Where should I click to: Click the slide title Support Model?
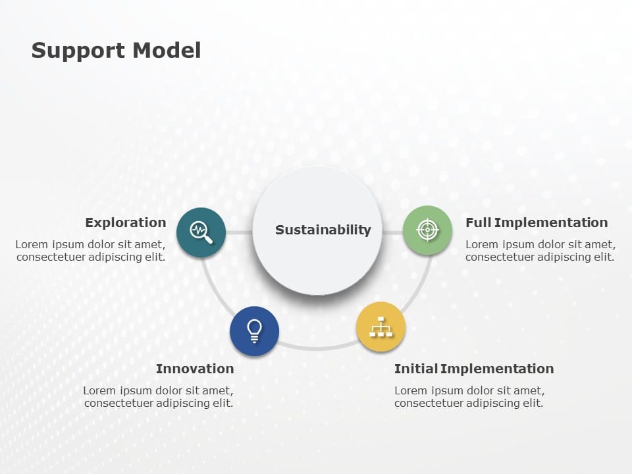pos(116,50)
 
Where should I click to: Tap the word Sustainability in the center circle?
pos(323,230)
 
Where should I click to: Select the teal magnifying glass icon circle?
pos(201,231)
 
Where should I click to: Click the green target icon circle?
pos(427,230)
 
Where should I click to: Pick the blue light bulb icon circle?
pos(254,331)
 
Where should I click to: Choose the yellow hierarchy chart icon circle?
pos(381,327)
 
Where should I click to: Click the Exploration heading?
pos(125,223)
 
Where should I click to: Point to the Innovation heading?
pos(195,369)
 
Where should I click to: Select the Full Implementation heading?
pos(537,223)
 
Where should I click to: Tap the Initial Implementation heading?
pos(474,369)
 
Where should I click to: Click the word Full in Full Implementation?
pos(478,223)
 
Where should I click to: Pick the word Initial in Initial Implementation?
pos(416,369)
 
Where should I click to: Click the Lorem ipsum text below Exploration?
pos(91,251)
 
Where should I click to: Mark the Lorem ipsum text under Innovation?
pos(158,397)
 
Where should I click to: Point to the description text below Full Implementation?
pos(540,251)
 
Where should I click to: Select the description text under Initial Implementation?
pos(469,397)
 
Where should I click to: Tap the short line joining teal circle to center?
pos(239,232)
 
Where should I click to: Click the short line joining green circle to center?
pos(392,232)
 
